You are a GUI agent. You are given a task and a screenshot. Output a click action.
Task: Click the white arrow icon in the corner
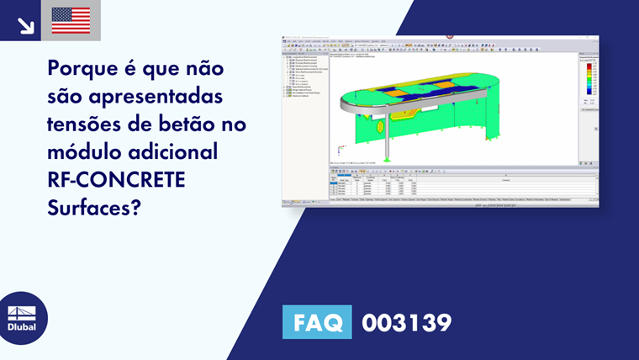[x=25, y=25]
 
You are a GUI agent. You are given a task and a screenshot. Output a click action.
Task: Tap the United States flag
[x=71, y=20]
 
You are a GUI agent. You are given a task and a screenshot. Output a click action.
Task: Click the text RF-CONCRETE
[x=118, y=182]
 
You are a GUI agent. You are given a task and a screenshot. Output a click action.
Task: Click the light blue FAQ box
[x=317, y=322]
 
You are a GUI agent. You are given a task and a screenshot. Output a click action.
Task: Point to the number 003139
[x=407, y=322]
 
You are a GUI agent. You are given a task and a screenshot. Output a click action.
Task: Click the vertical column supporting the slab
[x=386, y=139]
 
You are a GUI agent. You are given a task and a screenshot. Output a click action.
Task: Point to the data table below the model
[x=462, y=186]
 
